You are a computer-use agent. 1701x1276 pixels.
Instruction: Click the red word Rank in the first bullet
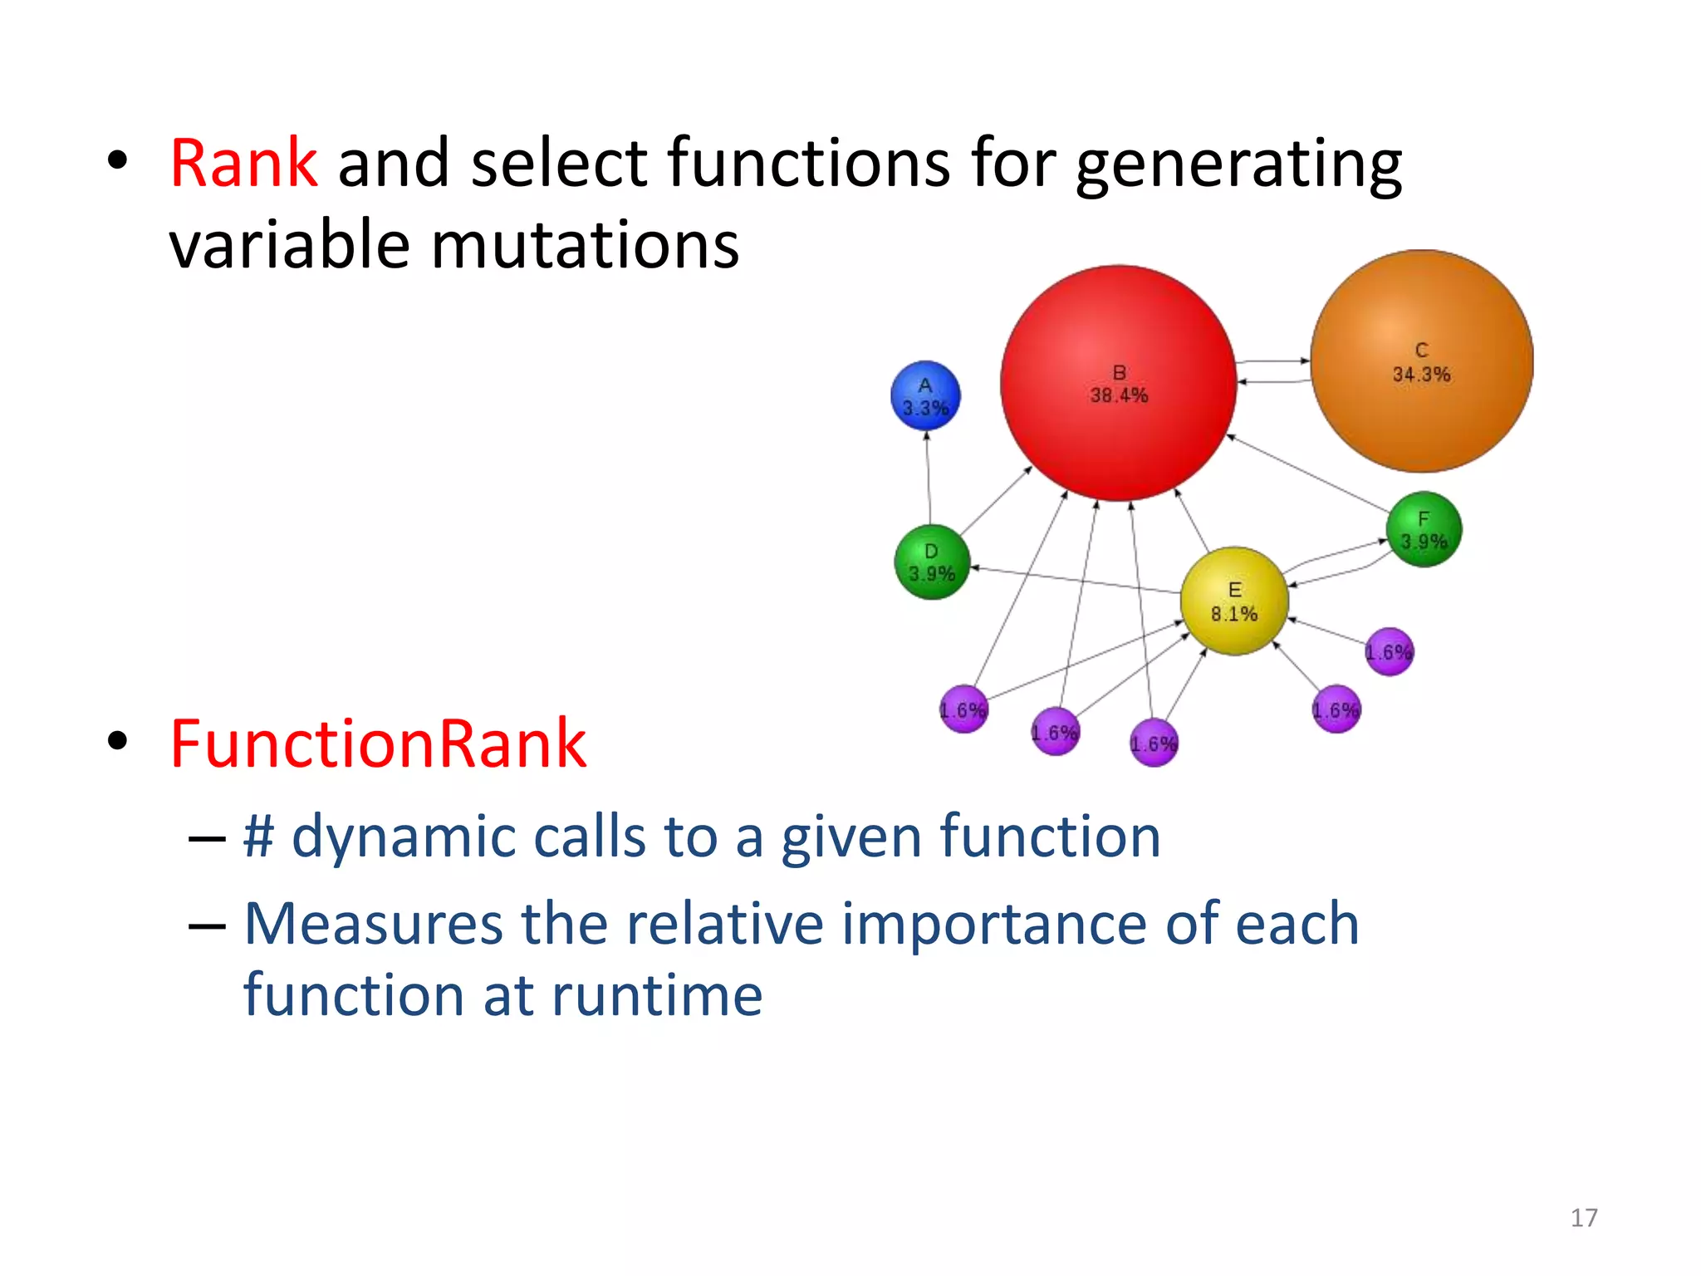[x=243, y=163]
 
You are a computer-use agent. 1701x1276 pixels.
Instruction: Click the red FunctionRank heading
[x=378, y=744]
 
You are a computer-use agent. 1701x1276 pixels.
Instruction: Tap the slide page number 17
[x=1584, y=1218]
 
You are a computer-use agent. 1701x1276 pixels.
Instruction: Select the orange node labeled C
[x=1421, y=415]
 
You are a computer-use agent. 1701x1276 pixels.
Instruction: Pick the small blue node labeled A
[x=925, y=395]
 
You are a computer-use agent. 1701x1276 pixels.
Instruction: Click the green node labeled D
[x=931, y=562]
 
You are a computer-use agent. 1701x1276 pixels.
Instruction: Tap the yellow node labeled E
[x=1234, y=601]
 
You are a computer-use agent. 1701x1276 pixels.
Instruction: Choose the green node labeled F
[x=1424, y=529]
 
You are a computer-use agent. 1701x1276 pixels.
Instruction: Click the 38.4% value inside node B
[x=1119, y=396]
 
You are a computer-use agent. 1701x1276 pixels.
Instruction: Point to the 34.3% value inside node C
[x=1421, y=375]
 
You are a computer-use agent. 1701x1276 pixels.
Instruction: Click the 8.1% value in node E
[x=1233, y=615]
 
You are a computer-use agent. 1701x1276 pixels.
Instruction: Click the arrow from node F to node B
[x=1308, y=473]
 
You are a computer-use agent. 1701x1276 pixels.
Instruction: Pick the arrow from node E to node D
[x=1076, y=580]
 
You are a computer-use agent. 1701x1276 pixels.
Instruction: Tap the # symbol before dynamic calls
[x=258, y=837]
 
